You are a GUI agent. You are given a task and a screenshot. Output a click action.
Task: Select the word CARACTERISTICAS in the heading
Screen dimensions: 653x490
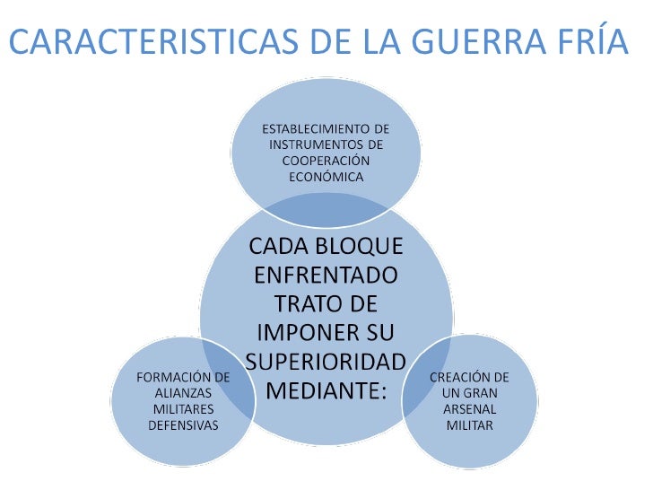(x=153, y=41)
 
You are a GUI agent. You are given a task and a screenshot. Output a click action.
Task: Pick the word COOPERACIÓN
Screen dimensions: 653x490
(x=326, y=161)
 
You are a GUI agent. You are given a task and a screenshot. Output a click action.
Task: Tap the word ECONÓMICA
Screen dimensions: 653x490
(x=326, y=177)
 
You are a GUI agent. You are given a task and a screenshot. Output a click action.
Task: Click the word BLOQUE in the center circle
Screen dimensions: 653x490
(x=359, y=246)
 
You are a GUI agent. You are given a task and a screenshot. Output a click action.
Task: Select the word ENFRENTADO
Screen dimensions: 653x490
(x=326, y=276)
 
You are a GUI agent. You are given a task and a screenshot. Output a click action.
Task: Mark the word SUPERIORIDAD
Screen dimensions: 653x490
(x=326, y=362)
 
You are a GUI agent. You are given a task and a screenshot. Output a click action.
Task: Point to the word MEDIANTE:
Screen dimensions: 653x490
(x=326, y=390)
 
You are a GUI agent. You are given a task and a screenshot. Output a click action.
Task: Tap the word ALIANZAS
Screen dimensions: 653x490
(x=183, y=393)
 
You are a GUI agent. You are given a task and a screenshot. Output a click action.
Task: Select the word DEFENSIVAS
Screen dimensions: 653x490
(x=183, y=425)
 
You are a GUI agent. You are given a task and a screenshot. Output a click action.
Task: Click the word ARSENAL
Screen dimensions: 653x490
(x=470, y=409)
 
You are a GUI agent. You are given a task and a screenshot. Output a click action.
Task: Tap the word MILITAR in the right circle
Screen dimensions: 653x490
(x=470, y=425)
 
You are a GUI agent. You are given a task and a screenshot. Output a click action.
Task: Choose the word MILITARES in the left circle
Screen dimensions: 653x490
(x=183, y=409)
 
